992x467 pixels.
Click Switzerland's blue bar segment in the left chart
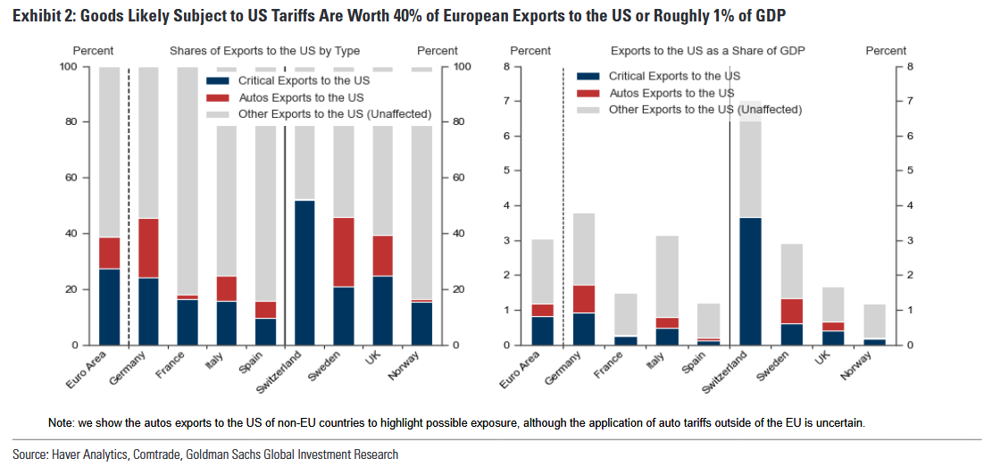tap(304, 272)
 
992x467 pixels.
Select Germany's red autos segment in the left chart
tap(148, 247)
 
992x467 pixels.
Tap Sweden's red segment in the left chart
tap(343, 252)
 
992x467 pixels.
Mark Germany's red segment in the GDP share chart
tap(583, 298)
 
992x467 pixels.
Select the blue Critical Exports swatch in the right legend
tap(588, 77)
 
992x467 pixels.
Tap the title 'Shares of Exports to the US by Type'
tap(264, 51)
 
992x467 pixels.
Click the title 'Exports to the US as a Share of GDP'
tap(708, 51)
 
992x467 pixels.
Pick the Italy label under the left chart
tap(213, 362)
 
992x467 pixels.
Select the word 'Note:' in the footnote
tap(63, 421)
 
